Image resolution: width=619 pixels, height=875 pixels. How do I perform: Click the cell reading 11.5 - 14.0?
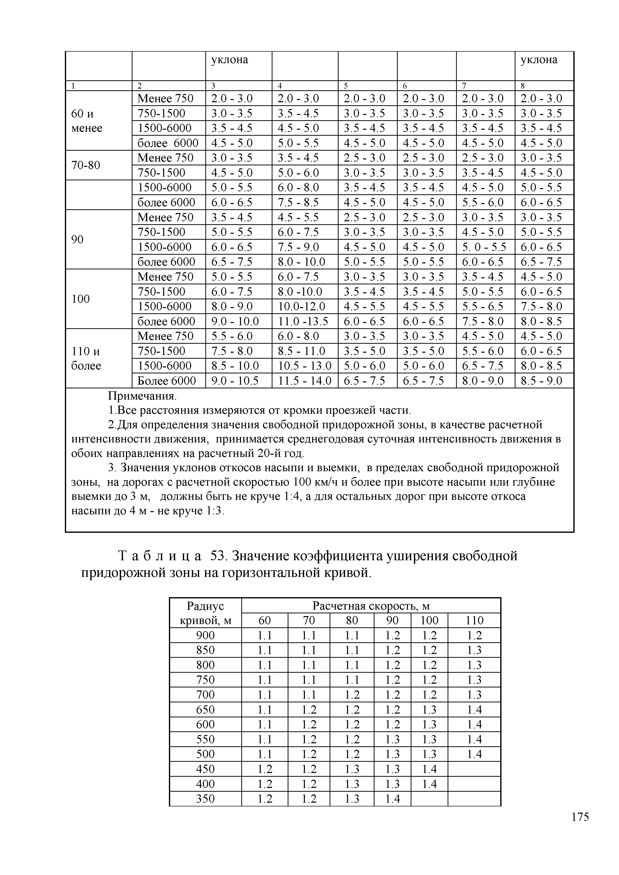[305, 381]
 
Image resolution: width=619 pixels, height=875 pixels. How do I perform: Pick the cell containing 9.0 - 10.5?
[235, 381]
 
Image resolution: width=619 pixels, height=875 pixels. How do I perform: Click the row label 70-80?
[86, 165]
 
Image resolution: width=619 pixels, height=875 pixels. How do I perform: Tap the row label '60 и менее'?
[87, 120]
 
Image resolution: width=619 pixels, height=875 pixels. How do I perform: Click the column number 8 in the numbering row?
[523, 86]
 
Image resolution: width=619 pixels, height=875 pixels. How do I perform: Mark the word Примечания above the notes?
[142, 396]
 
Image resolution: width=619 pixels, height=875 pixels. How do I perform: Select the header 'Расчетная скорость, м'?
[371, 606]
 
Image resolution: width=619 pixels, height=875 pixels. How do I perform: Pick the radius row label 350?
[205, 799]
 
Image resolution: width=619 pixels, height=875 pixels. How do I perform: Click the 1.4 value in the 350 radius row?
[392, 799]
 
